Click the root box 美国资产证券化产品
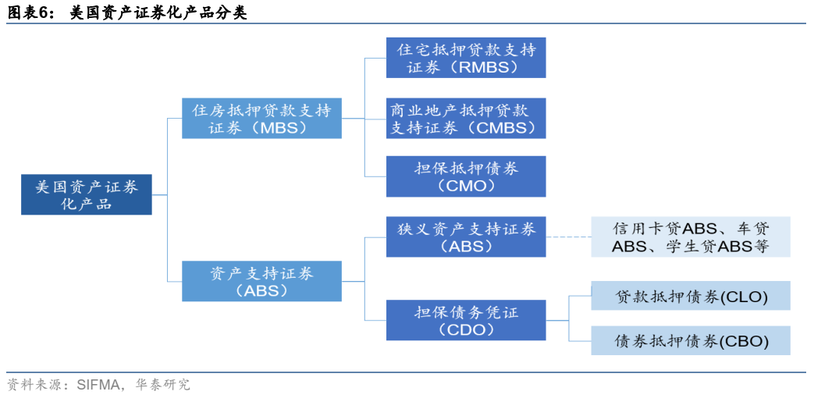point(86,195)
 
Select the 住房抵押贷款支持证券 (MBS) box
point(261,119)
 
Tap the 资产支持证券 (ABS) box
point(261,282)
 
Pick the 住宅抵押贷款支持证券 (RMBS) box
point(466,58)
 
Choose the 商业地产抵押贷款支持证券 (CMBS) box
point(466,119)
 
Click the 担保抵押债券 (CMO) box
point(466,176)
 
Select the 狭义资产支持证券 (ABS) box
point(466,237)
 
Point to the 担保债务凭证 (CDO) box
point(466,321)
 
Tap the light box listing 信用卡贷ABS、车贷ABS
point(691,237)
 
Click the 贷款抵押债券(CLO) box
point(691,297)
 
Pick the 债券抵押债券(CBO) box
point(691,341)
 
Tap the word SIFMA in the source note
point(98,385)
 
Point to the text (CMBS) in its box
point(499,128)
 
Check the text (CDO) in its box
point(466,330)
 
